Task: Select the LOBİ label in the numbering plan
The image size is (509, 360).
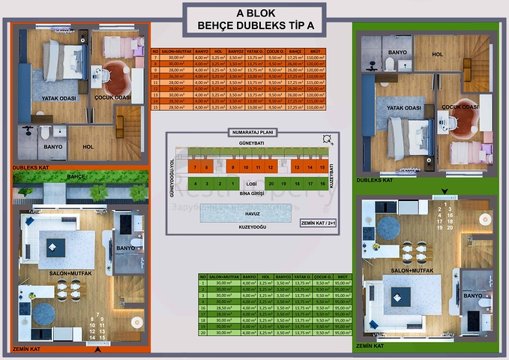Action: (x=253, y=183)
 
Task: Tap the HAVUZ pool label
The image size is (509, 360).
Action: (x=252, y=213)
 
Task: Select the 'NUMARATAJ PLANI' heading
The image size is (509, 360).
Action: (x=253, y=131)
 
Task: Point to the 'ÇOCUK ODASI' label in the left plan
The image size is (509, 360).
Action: (x=113, y=97)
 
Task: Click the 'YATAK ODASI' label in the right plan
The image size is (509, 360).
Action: (x=401, y=107)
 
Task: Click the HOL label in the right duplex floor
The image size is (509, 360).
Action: (x=438, y=53)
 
